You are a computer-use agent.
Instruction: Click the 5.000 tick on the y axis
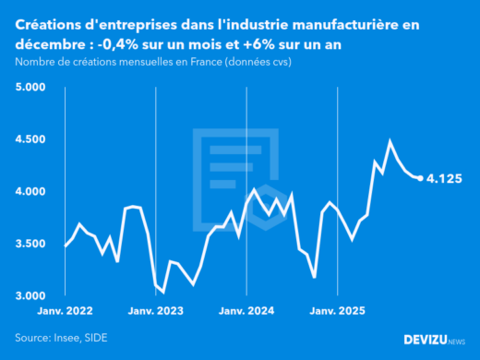coord(30,87)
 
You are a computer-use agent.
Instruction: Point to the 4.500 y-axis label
coord(30,139)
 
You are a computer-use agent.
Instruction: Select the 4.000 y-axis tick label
coord(30,191)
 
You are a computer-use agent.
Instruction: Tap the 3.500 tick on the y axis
coord(30,244)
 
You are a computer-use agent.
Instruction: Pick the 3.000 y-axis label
coord(30,295)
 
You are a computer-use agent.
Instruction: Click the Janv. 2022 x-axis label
coord(65,312)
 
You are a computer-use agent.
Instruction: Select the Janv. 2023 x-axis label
coord(156,312)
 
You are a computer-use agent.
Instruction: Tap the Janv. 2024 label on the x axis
coord(246,312)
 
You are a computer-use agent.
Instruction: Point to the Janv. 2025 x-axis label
coord(337,312)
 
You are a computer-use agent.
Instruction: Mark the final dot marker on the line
coord(421,178)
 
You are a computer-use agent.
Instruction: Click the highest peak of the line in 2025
coord(390,141)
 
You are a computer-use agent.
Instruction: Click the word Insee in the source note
coord(72,338)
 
